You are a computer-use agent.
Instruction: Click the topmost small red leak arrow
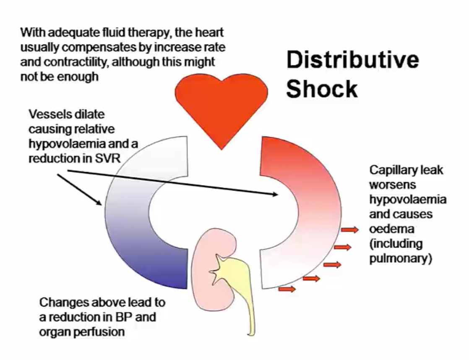coord(349,230)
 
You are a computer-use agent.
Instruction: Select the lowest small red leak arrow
coord(287,289)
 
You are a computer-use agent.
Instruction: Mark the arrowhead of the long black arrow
coord(275,194)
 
